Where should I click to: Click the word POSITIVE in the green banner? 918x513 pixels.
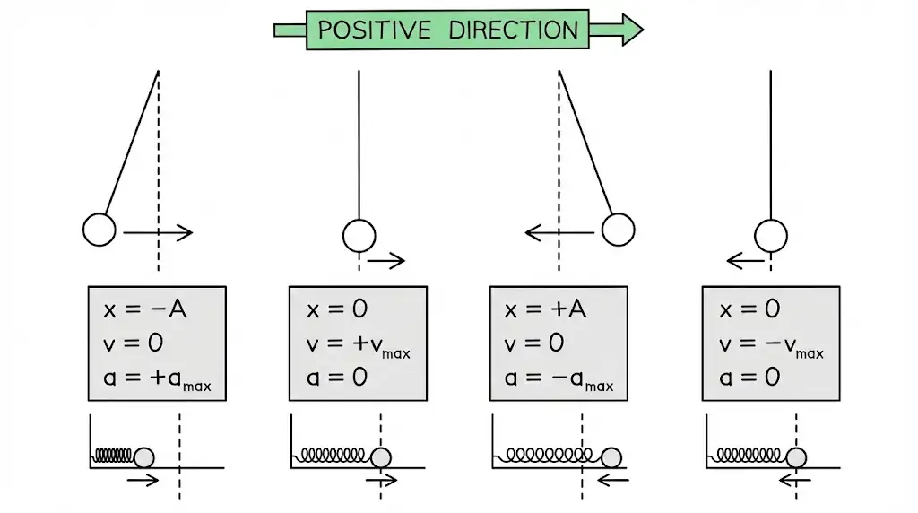click(371, 30)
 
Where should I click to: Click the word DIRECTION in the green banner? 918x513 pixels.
click(513, 30)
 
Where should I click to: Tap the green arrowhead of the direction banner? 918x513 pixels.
click(629, 30)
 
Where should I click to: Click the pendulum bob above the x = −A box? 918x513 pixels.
click(100, 230)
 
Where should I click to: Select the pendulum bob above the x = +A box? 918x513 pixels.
click(618, 230)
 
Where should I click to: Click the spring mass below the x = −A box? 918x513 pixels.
click(143, 457)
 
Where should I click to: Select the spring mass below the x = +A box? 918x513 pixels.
click(612, 457)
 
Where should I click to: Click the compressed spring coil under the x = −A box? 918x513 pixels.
click(114, 456)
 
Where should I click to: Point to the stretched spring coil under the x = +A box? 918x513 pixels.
click(553, 456)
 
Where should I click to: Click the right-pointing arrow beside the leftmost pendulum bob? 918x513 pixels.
click(158, 233)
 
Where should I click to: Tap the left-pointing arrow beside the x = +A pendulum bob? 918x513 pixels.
click(559, 233)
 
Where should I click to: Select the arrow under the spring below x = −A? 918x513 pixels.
click(143, 480)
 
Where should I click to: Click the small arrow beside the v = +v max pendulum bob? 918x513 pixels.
click(386, 261)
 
